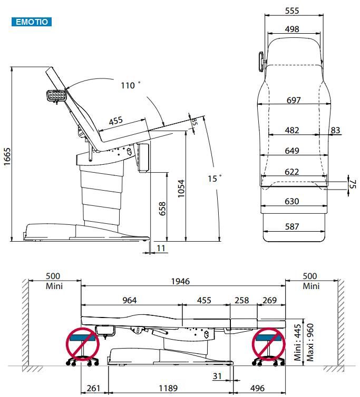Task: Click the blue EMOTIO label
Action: tap(32, 22)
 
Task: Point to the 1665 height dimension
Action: tap(7, 156)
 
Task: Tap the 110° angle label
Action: tap(131, 85)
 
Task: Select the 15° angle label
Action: tap(215, 178)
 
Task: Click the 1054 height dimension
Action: tap(181, 188)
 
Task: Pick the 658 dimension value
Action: tap(162, 209)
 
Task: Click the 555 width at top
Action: tap(292, 11)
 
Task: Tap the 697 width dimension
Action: tap(294, 100)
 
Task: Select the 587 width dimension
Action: tap(292, 226)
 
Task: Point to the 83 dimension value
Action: tap(335, 130)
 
